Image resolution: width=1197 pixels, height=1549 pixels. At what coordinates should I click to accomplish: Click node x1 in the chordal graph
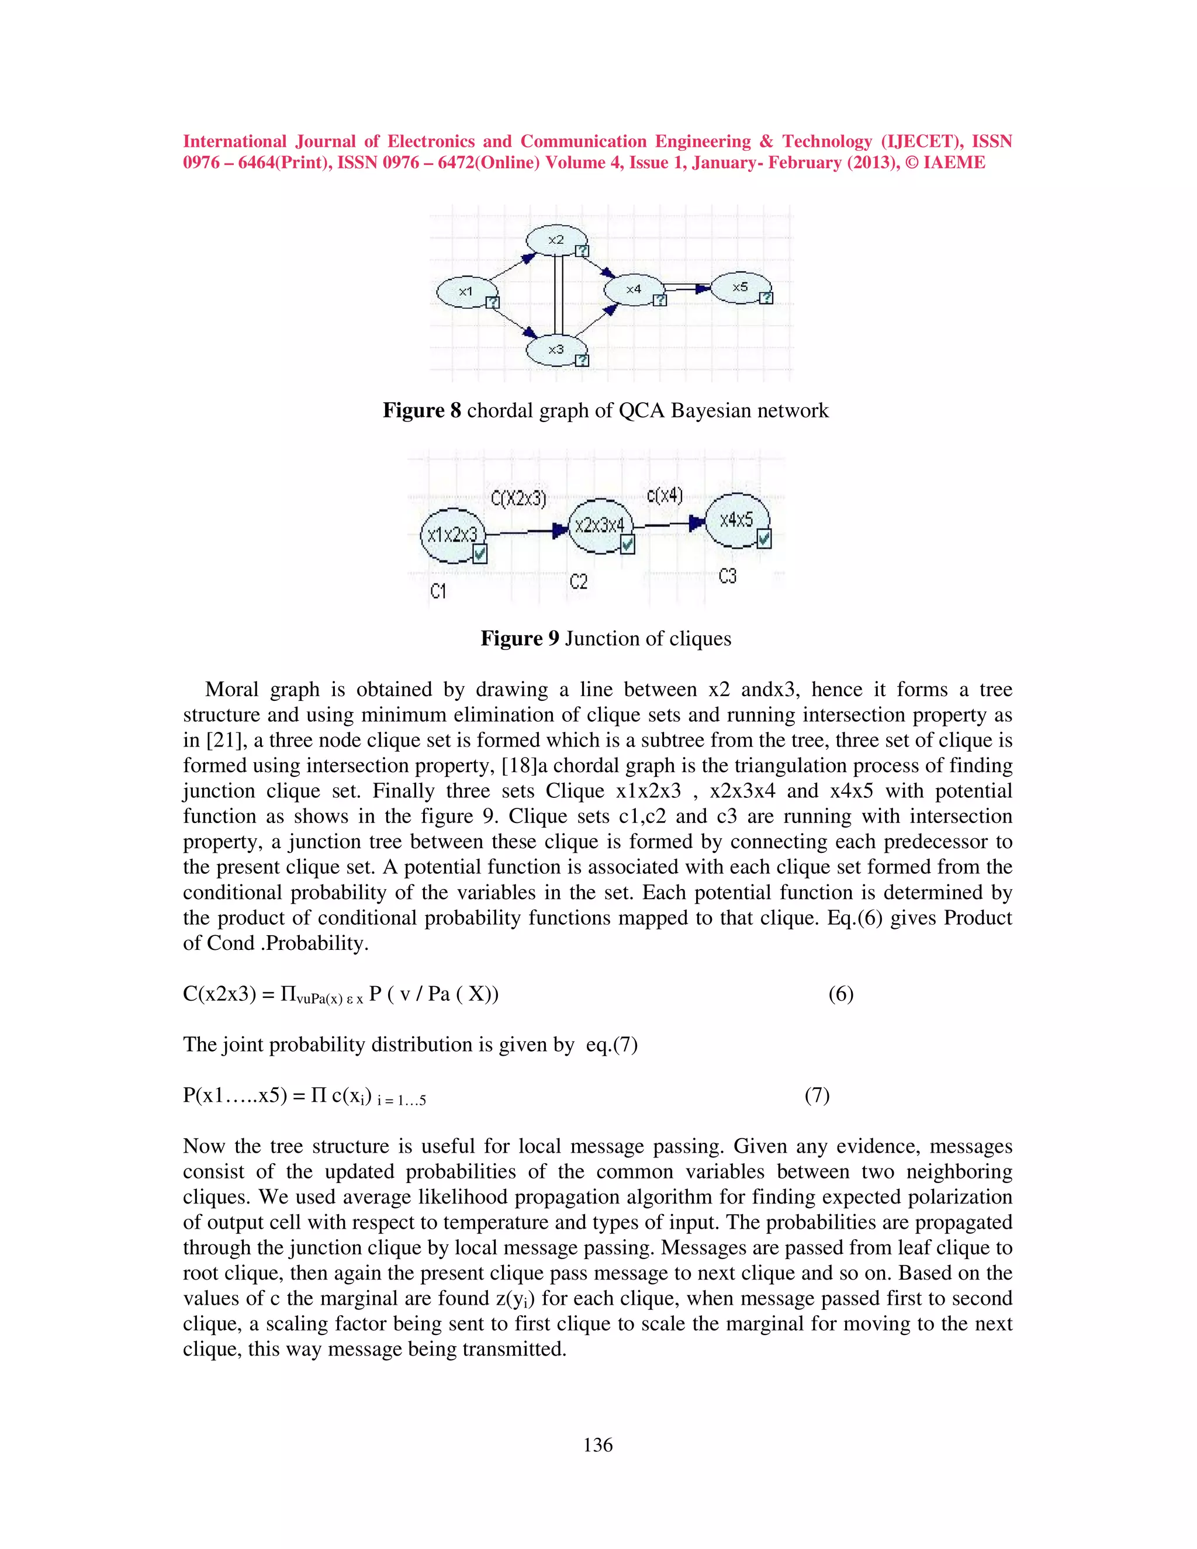click(465, 292)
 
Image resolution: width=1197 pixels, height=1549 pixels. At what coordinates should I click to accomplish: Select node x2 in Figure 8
click(556, 240)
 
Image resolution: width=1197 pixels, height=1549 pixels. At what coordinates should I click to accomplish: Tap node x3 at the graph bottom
click(556, 349)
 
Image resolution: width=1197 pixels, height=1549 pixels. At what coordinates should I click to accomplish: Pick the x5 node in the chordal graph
click(741, 287)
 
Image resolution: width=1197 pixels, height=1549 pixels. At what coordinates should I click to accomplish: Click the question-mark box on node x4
click(659, 300)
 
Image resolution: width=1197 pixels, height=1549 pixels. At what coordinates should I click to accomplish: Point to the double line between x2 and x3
click(559, 295)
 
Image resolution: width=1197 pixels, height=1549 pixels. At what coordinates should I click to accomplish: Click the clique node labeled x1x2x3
click(452, 535)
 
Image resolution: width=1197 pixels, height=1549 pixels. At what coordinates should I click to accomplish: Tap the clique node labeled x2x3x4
click(598, 525)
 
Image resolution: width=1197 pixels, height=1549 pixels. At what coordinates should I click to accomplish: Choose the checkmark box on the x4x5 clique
click(764, 539)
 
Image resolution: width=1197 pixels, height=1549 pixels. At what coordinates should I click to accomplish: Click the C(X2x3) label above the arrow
click(518, 499)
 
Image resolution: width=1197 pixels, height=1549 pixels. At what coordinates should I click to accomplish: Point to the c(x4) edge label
click(665, 495)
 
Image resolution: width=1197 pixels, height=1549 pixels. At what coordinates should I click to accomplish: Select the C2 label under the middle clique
click(579, 582)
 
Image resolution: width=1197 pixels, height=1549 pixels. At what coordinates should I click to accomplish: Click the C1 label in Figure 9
click(438, 591)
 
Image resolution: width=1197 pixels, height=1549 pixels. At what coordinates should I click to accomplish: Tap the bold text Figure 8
click(421, 411)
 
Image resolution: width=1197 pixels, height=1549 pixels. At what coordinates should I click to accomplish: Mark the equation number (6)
click(841, 994)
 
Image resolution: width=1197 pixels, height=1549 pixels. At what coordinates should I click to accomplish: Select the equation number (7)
click(817, 1095)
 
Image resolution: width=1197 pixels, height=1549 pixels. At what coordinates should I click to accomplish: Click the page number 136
click(598, 1445)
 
